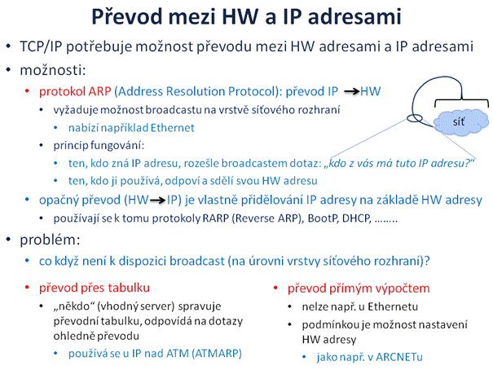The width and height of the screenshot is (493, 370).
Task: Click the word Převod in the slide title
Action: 127,16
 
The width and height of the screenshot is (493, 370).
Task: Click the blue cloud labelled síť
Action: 461,121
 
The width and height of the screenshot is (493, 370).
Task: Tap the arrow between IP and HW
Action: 351,91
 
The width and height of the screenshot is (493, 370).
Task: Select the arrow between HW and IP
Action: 157,200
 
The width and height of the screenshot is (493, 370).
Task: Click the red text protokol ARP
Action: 75,91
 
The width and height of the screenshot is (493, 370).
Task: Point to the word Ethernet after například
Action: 172,128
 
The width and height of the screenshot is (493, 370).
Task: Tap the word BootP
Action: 322,218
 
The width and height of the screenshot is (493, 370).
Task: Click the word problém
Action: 50,240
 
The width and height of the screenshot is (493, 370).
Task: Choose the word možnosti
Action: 52,70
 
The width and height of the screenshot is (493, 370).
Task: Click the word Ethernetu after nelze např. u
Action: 393,306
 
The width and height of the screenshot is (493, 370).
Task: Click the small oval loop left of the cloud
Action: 415,118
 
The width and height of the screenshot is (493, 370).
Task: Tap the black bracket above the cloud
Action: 461,100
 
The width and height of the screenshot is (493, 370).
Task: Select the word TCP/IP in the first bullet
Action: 41,46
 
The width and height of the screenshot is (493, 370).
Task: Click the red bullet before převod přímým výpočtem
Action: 275,288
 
